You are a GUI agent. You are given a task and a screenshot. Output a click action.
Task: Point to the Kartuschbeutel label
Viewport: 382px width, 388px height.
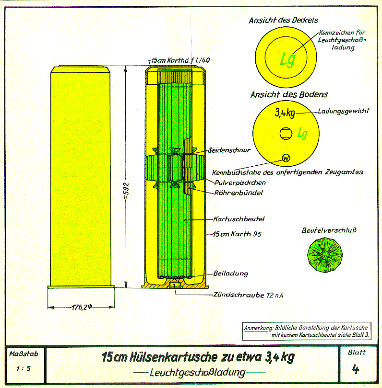[x=239, y=219]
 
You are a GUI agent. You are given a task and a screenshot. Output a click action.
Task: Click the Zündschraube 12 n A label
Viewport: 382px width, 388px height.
[x=248, y=295]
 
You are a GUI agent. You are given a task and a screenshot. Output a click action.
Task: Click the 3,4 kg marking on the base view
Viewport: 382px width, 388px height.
[x=285, y=113]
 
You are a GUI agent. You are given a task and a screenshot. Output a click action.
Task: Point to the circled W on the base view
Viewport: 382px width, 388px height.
[x=286, y=158]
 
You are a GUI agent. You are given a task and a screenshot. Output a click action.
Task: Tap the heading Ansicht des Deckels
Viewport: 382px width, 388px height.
[x=283, y=21]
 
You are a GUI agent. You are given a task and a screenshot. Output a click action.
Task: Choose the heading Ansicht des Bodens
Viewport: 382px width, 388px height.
[x=282, y=95]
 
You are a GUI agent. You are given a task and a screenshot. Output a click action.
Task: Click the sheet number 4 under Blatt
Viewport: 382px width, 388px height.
[x=355, y=369]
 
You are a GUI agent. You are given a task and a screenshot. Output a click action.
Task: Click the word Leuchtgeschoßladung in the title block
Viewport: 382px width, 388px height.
[x=197, y=372]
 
